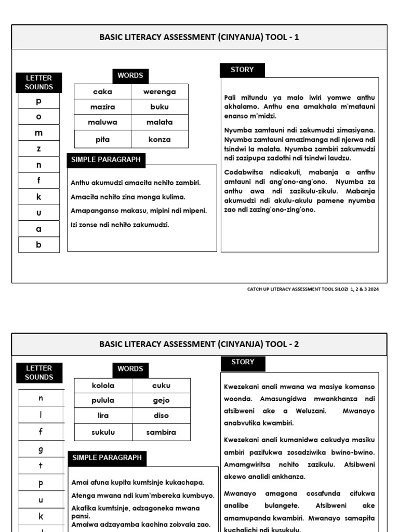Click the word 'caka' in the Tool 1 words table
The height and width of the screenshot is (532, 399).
(102, 92)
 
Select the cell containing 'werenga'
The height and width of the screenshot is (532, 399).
(159, 92)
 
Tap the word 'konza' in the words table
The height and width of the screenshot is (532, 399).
(159, 139)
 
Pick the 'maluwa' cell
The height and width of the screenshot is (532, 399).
(102, 123)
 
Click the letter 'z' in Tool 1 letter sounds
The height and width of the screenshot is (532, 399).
(39, 149)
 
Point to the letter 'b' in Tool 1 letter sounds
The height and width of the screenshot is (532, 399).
(39, 245)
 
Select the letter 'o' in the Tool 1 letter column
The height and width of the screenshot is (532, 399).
(39, 116)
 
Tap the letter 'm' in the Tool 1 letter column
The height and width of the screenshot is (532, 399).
(39, 133)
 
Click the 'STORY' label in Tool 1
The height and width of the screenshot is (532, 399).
(242, 70)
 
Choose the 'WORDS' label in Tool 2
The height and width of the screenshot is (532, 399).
(130, 369)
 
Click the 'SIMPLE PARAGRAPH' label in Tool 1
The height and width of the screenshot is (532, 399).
(106, 160)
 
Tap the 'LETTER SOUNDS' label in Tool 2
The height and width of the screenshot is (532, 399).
(39, 373)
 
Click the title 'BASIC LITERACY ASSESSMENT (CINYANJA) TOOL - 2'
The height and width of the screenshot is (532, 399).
(199, 344)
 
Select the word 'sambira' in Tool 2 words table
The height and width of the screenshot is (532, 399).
(161, 432)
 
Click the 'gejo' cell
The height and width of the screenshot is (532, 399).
(161, 401)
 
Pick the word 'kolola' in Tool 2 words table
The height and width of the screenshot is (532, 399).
(103, 385)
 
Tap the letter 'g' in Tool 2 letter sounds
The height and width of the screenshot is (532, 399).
(41, 449)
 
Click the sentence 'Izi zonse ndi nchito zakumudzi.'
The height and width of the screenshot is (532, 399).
(120, 225)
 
